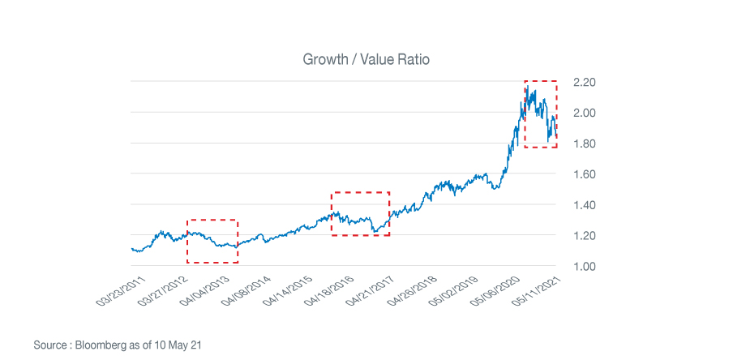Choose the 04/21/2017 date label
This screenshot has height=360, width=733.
375,290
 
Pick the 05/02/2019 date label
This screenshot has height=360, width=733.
461,290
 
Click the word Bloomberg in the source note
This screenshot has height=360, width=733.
99,345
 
